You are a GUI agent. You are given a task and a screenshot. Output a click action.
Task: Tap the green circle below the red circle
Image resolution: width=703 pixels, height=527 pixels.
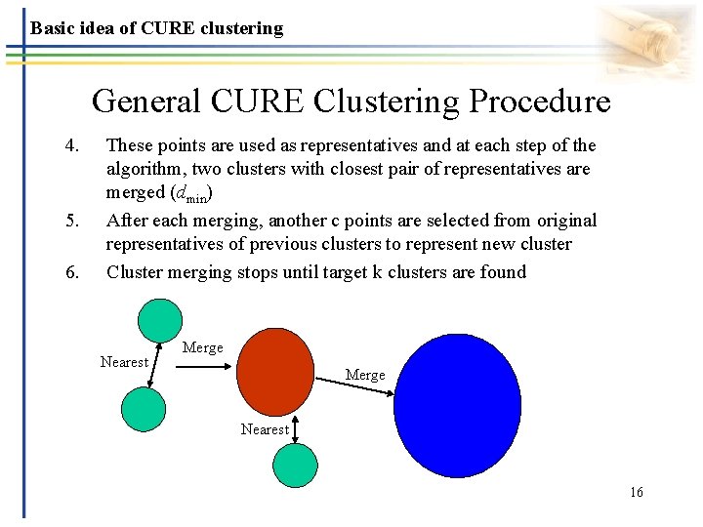point(295,466)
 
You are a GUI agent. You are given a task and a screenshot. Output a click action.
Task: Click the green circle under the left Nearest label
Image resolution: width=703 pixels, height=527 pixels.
point(144,410)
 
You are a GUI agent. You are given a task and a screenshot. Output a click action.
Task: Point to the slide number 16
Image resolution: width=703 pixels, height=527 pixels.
point(637,492)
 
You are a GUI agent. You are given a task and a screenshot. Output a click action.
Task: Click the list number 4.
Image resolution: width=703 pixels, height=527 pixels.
point(70,145)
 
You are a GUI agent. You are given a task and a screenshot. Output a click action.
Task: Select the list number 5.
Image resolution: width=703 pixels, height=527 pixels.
point(70,222)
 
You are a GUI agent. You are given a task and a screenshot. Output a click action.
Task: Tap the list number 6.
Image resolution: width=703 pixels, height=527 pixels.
point(70,272)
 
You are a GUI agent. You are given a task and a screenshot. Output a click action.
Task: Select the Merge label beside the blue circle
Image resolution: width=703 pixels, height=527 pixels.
point(365,375)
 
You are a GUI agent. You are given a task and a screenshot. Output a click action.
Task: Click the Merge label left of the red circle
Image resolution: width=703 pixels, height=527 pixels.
point(202,347)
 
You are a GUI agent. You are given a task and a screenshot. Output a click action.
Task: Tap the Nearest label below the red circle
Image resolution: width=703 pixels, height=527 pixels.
point(265,428)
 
